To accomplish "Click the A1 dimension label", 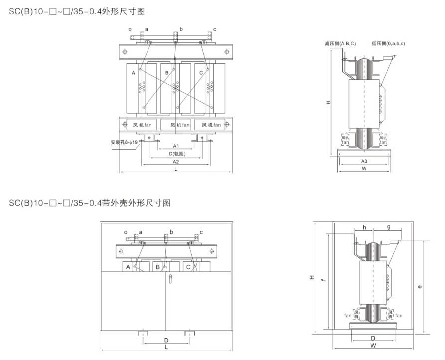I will tap(176, 146).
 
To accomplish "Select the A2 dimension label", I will tap(176, 162).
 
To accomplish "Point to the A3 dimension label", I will tap(364, 161).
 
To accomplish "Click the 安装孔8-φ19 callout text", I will tap(125, 142).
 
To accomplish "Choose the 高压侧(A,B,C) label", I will tap(340, 44).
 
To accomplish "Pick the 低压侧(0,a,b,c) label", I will tap(388, 44).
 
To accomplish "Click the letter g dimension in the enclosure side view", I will tap(388, 227).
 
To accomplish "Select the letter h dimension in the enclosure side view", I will tap(365, 227).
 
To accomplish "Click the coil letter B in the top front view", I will tap(167, 73).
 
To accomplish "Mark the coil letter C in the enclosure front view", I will tap(188, 267).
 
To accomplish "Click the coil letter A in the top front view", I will tap(133, 73).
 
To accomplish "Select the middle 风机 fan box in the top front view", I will tap(176, 125).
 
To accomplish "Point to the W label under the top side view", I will tap(364, 169).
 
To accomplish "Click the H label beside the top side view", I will tap(329, 102).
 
